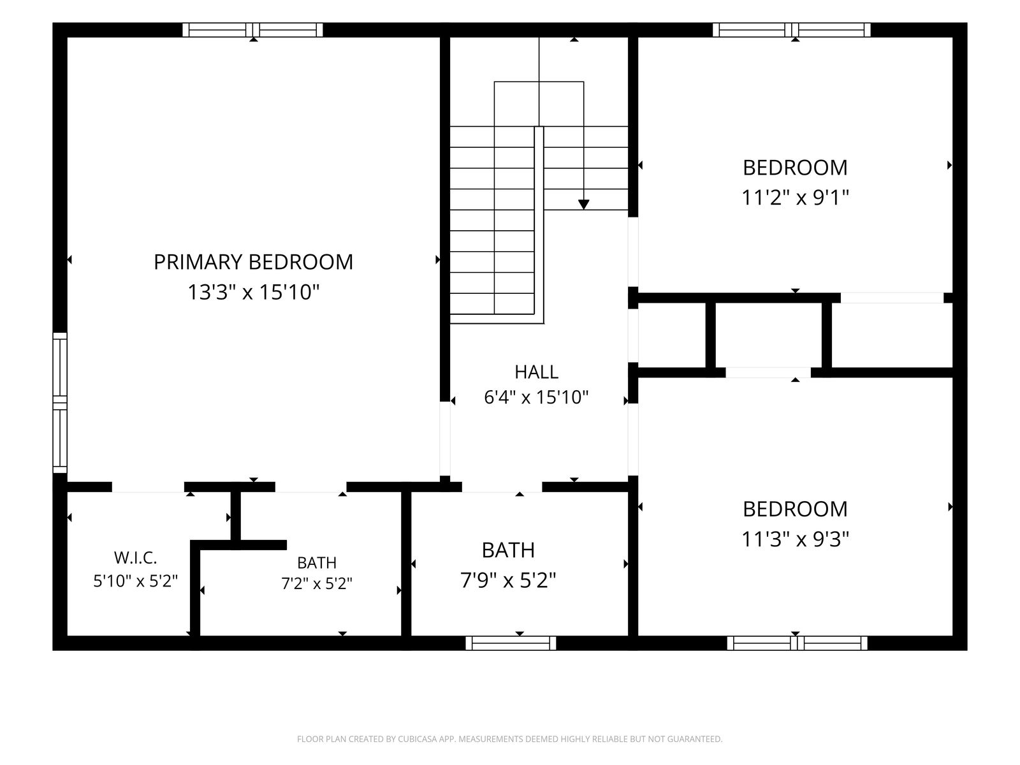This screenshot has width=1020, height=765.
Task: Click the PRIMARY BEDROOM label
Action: pyautogui.click(x=253, y=262)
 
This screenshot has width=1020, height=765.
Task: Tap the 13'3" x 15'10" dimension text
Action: pyautogui.click(x=253, y=293)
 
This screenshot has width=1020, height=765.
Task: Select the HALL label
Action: pyautogui.click(x=536, y=372)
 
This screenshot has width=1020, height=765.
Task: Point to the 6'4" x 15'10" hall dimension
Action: pyautogui.click(x=536, y=398)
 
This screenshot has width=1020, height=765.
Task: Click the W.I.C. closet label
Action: pyautogui.click(x=135, y=557)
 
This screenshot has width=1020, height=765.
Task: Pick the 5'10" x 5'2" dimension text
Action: pyautogui.click(x=135, y=581)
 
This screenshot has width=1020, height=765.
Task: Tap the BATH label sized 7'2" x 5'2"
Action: pyautogui.click(x=316, y=563)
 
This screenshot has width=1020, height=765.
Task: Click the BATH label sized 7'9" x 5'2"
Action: pyautogui.click(x=508, y=550)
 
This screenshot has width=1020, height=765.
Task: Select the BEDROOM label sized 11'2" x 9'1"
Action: pyautogui.click(x=795, y=168)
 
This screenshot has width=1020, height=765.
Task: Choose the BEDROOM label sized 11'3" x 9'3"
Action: pyautogui.click(x=795, y=509)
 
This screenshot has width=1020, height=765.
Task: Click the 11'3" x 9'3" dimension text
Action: pyautogui.click(x=795, y=540)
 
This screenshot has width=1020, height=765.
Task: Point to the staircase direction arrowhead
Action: pyautogui.click(x=584, y=205)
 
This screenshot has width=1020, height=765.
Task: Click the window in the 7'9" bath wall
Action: pyautogui.click(x=511, y=643)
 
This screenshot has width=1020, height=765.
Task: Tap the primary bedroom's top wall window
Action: pyautogui.click(x=252, y=30)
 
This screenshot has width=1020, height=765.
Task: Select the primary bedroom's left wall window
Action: pyautogui.click(x=60, y=403)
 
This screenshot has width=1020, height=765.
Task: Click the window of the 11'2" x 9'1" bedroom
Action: pyautogui.click(x=792, y=30)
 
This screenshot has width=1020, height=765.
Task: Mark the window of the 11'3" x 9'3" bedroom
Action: pyautogui.click(x=797, y=643)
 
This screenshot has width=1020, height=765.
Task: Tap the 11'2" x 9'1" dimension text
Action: pyautogui.click(x=795, y=198)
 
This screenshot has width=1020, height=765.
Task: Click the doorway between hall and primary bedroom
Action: pyautogui.click(x=445, y=439)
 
